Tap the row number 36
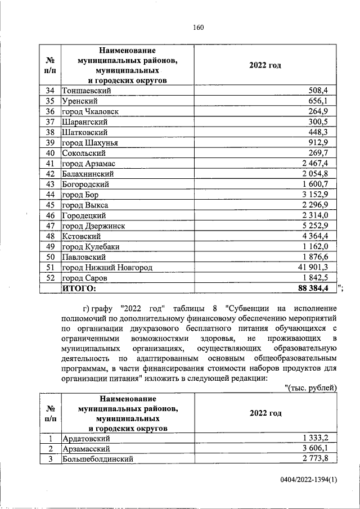click(x=49, y=111)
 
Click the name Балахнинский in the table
click(x=89, y=174)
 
